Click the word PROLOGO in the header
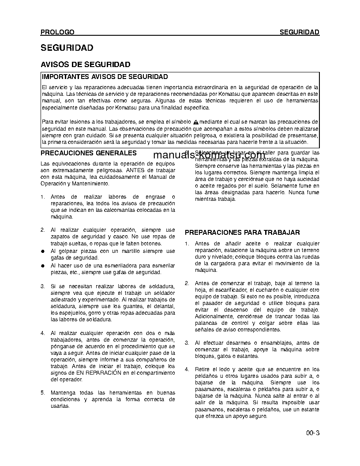click(57, 32)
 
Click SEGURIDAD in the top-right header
click(300, 32)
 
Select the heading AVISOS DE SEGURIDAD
click(85, 64)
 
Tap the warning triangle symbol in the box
click(196, 121)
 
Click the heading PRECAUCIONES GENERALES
click(89, 153)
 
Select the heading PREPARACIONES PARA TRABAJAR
click(242, 232)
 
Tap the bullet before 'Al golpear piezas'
click(43, 251)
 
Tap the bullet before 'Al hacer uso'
click(43, 266)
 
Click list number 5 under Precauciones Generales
click(43, 392)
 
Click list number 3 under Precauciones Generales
click(43, 286)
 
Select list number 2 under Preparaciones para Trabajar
click(187, 283)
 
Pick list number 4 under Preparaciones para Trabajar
click(187, 369)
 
